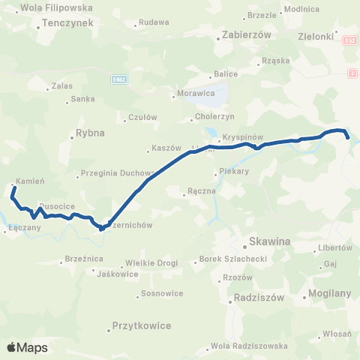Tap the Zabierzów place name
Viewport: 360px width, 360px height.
click(241, 34)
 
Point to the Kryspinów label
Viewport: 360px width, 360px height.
click(240, 139)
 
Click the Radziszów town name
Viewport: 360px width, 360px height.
click(259, 296)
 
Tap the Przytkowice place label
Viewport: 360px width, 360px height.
click(141, 325)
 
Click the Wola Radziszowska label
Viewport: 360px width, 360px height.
click(249, 346)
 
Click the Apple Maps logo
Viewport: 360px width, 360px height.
click(27, 347)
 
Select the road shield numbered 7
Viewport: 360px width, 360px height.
click(352, 72)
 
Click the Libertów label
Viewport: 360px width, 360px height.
click(335, 247)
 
